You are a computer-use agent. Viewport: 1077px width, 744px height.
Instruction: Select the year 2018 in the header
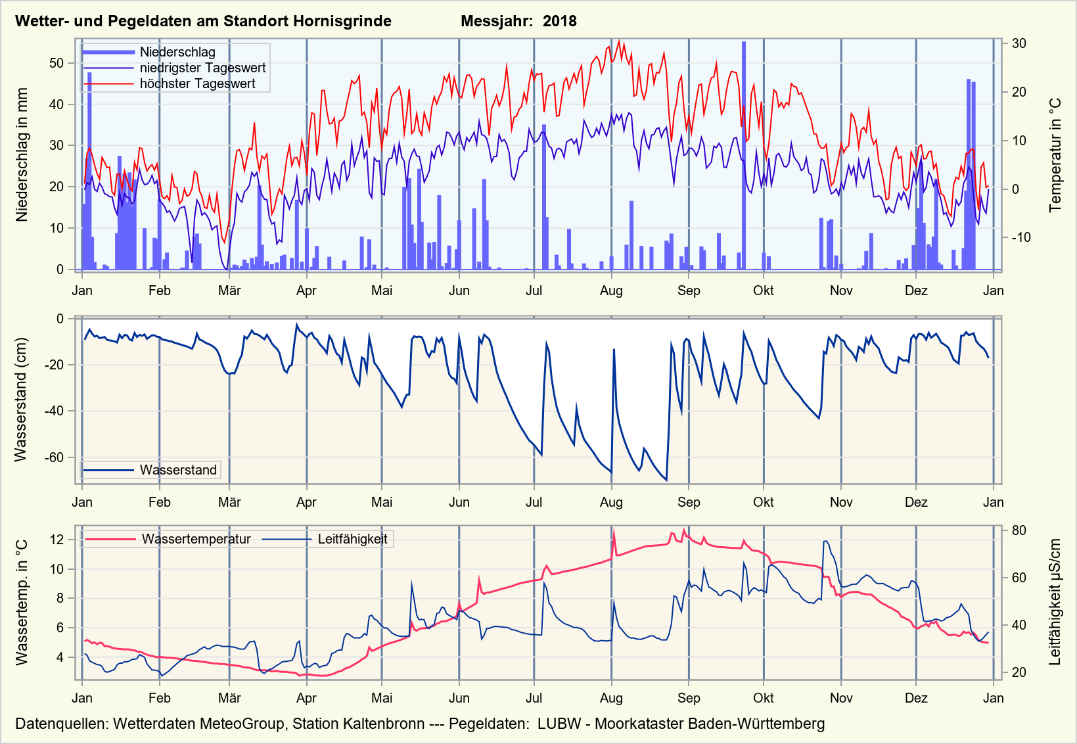tap(559, 21)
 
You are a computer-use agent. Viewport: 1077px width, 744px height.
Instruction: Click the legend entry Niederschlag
tap(177, 52)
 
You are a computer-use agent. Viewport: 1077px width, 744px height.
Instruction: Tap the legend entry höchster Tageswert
tap(197, 83)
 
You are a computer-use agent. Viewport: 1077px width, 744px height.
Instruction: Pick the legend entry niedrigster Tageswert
tap(202, 68)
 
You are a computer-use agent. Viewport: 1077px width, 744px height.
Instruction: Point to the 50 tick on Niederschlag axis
tap(57, 63)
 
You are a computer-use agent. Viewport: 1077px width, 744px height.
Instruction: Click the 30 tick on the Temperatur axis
tap(1019, 43)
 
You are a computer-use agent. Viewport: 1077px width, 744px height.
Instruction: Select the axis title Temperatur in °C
tap(1055, 155)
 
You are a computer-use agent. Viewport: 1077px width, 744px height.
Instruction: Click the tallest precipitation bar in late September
tap(744, 155)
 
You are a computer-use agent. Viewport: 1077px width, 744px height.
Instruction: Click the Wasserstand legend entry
tap(177, 470)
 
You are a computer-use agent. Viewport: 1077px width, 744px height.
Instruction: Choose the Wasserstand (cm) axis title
tap(21, 400)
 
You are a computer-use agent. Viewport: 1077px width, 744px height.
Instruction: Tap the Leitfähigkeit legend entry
tap(352, 540)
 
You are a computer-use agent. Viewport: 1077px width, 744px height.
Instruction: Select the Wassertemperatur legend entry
tap(196, 540)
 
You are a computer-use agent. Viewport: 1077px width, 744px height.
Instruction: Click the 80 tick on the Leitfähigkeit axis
tap(1019, 530)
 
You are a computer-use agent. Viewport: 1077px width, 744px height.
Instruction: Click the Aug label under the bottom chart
tap(611, 698)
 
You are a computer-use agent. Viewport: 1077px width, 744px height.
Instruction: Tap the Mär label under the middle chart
tap(229, 502)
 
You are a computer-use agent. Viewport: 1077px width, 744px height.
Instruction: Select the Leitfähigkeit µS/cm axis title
tap(1055, 602)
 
